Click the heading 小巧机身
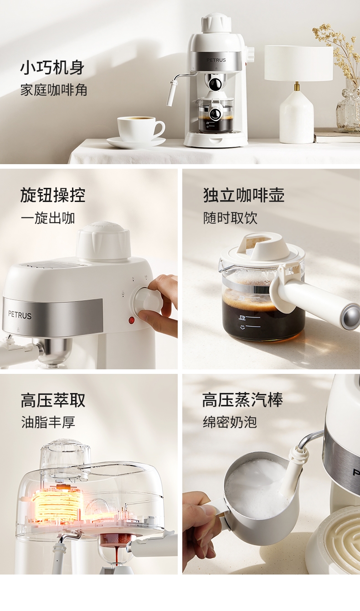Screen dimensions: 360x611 (x=52, y=67)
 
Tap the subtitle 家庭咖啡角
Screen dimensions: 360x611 (x=54, y=90)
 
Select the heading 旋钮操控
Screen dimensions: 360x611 (x=52, y=195)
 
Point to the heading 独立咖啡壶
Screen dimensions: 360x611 (x=244, y=195)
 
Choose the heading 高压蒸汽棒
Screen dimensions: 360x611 (x=242, y=400)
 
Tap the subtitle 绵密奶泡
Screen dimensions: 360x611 (x=230, y=422)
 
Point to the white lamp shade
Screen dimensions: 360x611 (x=298, y=63)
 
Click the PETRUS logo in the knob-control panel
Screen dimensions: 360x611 (x=20, y=315)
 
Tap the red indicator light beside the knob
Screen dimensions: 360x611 (x=132, y=320)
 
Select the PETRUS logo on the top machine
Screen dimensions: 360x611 (x=216, y=60)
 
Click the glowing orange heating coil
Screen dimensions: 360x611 (x=58, y=502)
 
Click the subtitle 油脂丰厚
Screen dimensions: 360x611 (x=48, y=422)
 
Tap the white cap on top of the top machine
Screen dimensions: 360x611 (x=216, y=24)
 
